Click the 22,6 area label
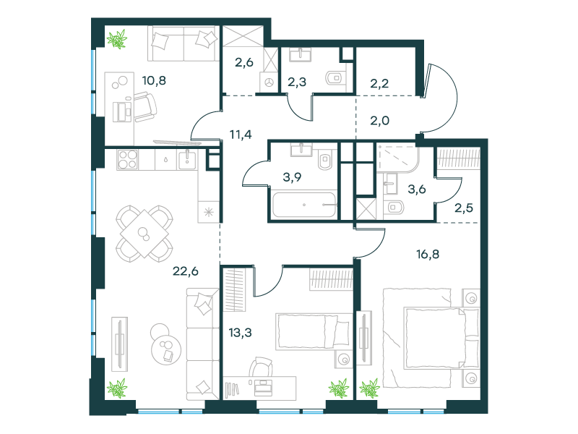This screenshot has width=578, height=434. point(186,271)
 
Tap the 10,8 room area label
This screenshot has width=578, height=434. point(154,80)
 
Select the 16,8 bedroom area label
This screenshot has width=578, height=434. point(428,255)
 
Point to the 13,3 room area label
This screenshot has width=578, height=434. point(241,333)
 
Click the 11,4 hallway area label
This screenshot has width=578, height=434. point(241,135)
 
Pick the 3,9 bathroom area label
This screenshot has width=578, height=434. point(292,177)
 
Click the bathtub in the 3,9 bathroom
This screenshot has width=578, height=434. point(304,204)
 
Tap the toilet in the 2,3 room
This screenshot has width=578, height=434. point(335,78)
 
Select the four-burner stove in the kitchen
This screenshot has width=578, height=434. point(128,159)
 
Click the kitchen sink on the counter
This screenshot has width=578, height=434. point(187,160)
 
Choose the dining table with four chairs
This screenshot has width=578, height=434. point(144,234)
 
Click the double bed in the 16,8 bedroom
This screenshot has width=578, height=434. point(431,338)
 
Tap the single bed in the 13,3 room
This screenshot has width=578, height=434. point(314,331)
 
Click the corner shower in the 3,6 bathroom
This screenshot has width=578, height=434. point(398,159)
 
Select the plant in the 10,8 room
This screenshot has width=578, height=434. point(117,39)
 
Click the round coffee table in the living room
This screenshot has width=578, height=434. point(165,345)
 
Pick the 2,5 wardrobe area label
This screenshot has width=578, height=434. point(464,208)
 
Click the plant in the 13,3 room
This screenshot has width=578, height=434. point(339,388)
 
